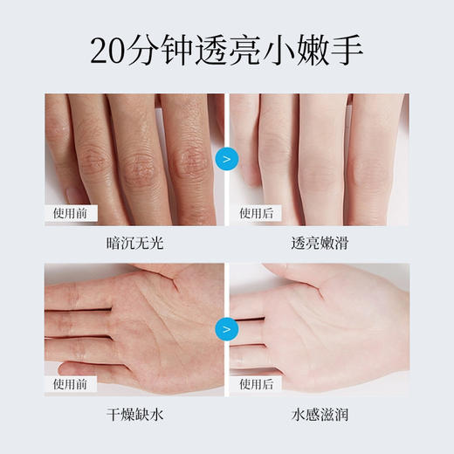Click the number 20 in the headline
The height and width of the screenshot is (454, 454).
point(110,51)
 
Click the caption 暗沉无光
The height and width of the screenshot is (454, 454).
point(135,244)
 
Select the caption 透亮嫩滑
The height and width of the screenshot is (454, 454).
point(319,244)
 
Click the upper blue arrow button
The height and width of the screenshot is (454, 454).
point(227,159)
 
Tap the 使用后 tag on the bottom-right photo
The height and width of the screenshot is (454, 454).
point(256,382)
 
